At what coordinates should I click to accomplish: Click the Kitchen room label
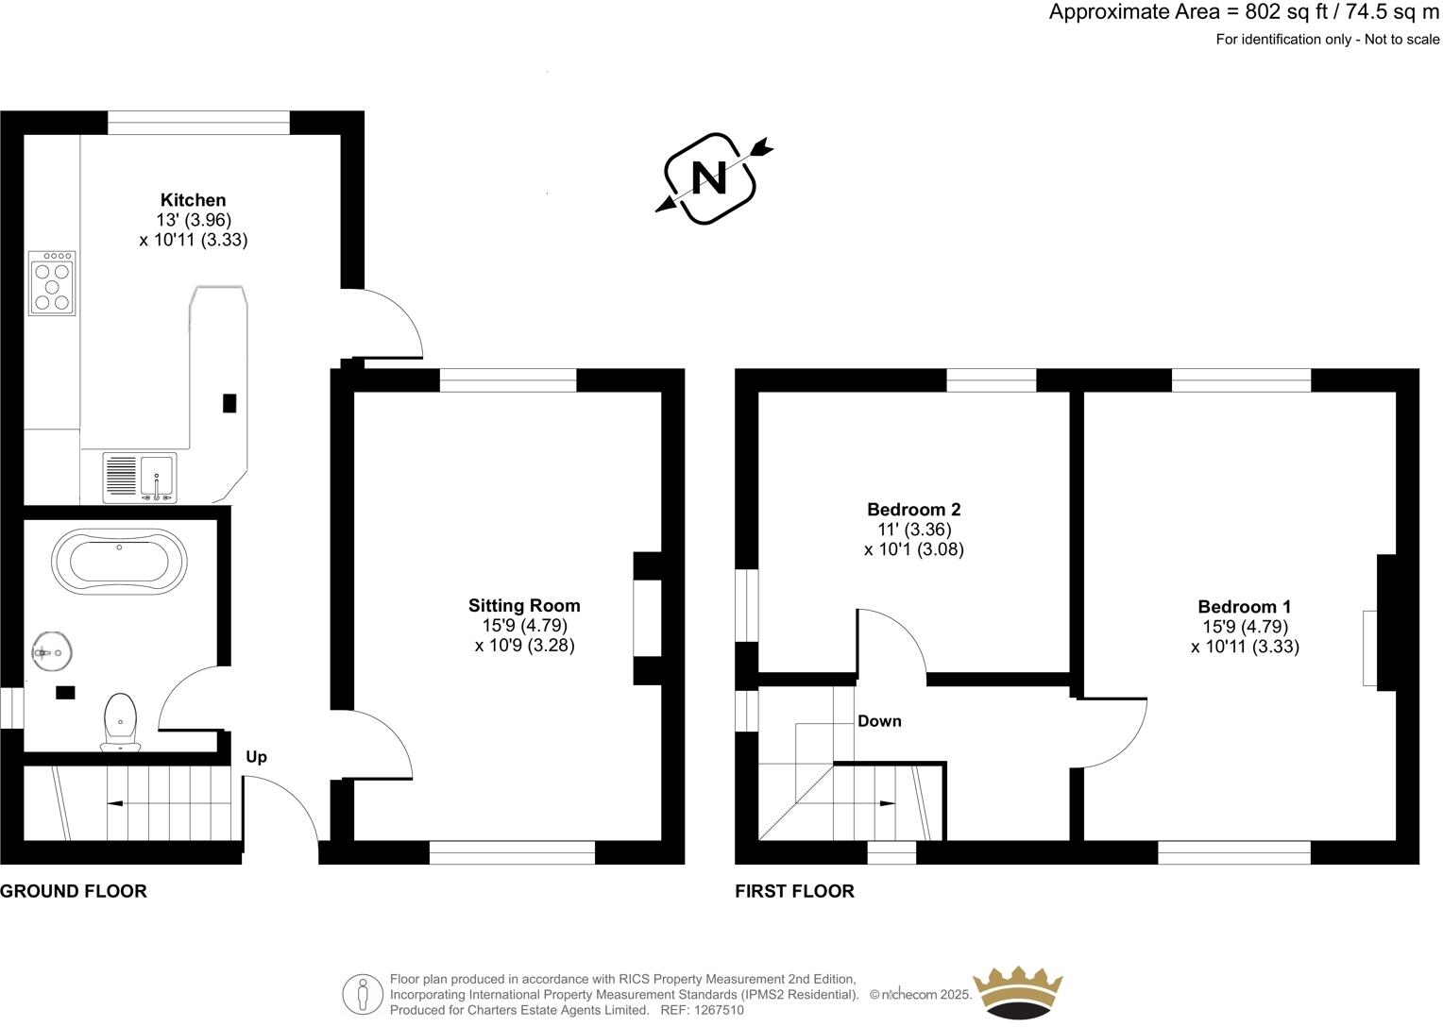coord(193,200)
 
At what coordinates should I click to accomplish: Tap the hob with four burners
coord(53,283)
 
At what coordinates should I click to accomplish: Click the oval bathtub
coord(119,559)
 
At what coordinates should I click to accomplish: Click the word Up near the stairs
coord(256,757)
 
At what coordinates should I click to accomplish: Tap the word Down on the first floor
coord(879,721)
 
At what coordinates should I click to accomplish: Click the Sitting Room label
coord(524,606)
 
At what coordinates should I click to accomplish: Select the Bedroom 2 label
coord(913,510)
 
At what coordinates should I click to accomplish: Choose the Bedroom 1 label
coord(1244,607)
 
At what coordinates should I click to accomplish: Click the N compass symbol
coord(709,177)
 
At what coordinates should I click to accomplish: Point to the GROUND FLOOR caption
coord(74,891)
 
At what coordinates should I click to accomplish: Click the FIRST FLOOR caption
coord(794,891)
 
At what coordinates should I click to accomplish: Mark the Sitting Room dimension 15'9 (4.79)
coord(523,626)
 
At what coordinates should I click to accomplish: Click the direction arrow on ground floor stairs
coord(114,804)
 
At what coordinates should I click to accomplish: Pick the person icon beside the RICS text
coord(363,994)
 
